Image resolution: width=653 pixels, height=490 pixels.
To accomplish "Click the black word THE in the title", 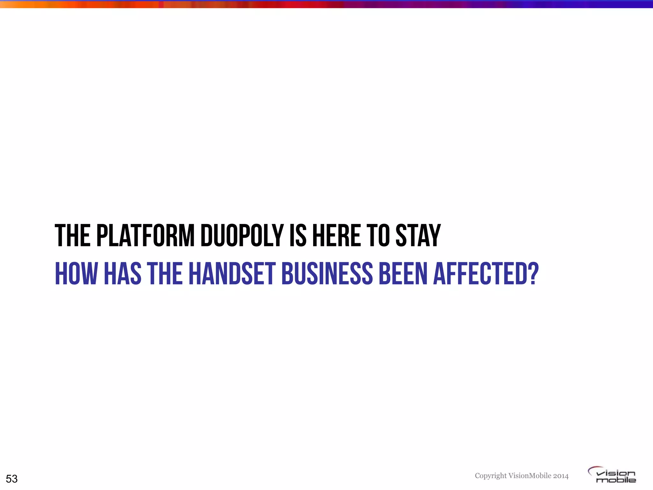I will (x=72, y=236).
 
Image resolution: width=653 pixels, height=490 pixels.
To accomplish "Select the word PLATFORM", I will (x=145, y=236).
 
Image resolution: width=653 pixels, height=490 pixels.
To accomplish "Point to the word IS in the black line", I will (x=298, y=236).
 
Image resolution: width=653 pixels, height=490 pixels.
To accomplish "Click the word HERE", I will (x=336, y=236).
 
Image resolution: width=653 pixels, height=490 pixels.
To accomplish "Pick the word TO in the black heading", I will (x=378, y=236).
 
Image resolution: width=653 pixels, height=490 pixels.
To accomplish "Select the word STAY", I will (x=418, y=236).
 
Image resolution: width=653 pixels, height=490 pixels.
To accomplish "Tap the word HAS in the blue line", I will (x=123, y=273).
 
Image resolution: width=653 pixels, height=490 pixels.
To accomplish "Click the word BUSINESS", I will (x=327, y=273).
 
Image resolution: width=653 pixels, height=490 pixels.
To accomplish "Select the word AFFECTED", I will (x=481, y=273).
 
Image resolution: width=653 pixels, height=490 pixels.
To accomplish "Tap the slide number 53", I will (x=12, y=479).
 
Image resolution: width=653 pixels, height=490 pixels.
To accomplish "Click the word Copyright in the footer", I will (x=490, y=476).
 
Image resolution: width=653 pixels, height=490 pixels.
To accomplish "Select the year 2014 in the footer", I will (x=561, y=476).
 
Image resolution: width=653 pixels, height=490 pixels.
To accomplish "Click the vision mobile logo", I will (x=612, y=475).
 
